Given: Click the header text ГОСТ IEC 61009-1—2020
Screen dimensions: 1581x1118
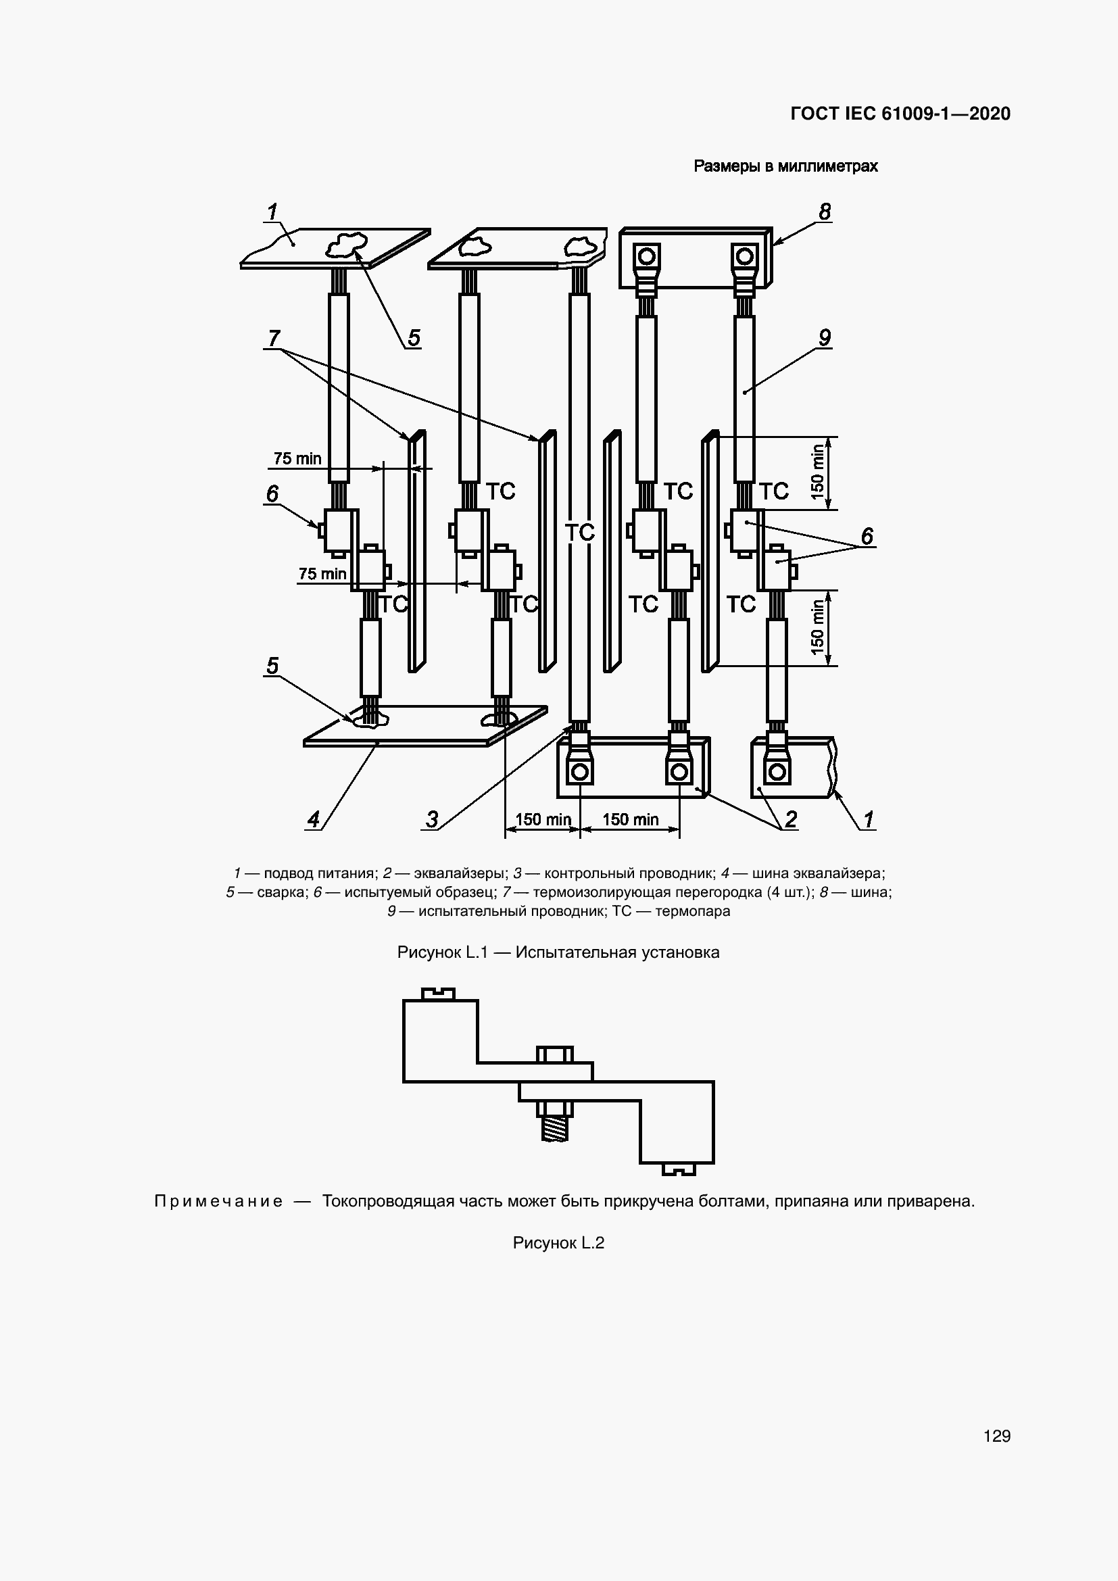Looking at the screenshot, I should pos(900,114).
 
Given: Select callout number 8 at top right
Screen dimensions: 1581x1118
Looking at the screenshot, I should pos(825,212).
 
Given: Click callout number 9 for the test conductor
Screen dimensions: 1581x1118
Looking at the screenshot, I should pos(825,337).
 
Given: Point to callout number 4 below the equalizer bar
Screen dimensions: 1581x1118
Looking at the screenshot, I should pos(313,819).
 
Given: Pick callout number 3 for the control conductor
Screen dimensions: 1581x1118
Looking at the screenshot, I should pos(432,819).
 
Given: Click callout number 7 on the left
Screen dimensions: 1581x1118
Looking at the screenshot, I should pos(274,338).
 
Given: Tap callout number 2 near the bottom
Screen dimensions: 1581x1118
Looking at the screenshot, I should pos(791,819).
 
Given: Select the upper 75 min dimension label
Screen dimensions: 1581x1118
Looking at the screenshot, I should pos(297,458).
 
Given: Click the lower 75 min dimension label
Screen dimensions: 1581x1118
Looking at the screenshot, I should pos(322,574).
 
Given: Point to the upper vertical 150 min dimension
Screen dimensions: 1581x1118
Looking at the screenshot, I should pos(818,472).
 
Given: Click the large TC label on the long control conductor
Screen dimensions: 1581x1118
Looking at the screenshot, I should pos(580,532).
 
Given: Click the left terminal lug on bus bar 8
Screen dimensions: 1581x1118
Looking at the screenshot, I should pos(646,262).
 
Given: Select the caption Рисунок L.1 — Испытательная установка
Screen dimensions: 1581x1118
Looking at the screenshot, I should pos(558,952).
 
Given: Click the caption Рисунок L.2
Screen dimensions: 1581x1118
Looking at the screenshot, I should pos(558,1243).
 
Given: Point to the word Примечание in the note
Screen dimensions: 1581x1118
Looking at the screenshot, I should pos(218,1202).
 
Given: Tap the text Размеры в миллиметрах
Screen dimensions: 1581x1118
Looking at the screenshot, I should pos(785,166).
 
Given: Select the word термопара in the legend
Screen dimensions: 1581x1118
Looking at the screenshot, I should pos(693,911).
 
